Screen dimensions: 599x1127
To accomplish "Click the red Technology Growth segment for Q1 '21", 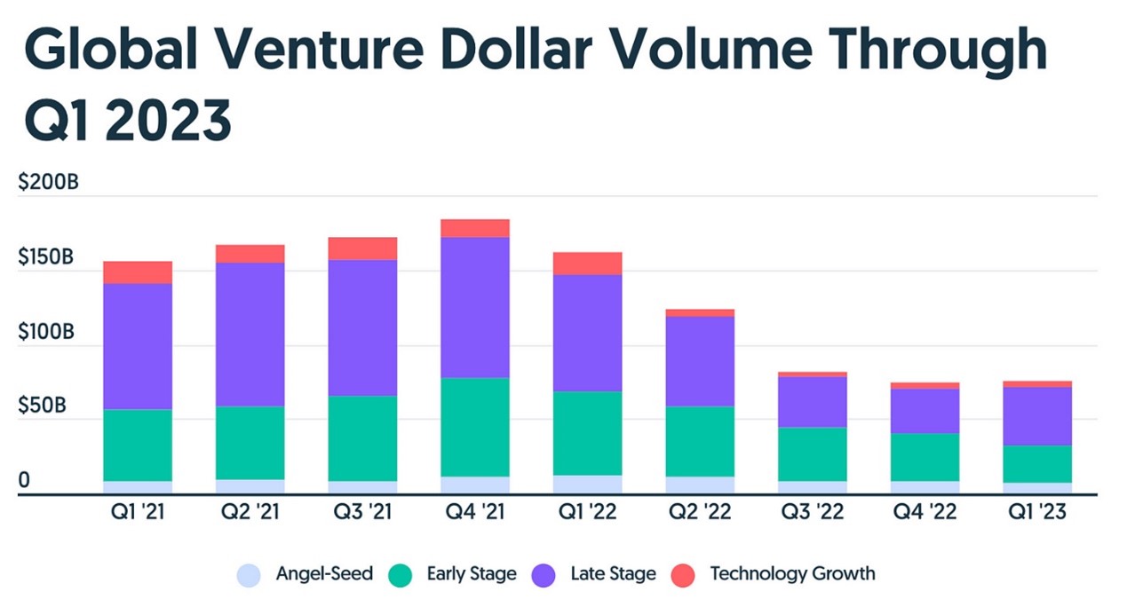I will pos(138,272).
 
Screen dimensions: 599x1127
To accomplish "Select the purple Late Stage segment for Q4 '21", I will pos(475,307).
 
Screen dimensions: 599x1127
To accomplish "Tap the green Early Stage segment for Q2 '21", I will pos(250,443).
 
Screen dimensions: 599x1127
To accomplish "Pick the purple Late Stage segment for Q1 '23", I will pos(1037,416).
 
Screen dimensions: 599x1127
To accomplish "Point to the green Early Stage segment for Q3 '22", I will pos(813,454).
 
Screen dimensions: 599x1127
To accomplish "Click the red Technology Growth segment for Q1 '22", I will pos(588,264).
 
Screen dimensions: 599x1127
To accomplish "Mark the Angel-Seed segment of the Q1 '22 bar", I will pos(588,485).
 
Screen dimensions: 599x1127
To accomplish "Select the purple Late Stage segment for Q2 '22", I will pos(700,361).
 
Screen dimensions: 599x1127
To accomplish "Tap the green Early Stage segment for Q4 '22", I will pos(925,457).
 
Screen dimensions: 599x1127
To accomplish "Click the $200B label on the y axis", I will pos(48,184).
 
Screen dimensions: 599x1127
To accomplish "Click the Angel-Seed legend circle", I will pos(250,575).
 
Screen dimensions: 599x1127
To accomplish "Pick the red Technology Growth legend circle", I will pos(681,575).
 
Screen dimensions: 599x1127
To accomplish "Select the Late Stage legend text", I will pos(613,574).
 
